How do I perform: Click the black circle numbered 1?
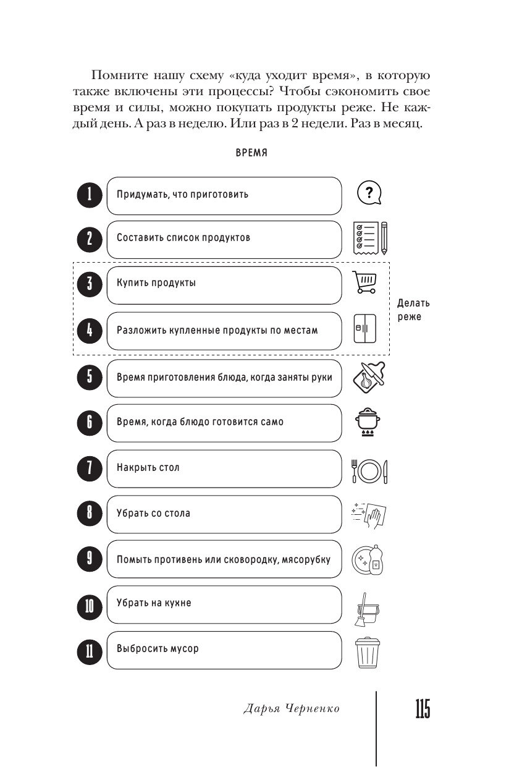point(89,195)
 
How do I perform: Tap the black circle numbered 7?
point(89,469)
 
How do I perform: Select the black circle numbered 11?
point(89,651)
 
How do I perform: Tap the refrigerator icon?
point(364,329)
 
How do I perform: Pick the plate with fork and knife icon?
point(369,472)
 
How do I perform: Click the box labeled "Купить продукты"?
point(224,285)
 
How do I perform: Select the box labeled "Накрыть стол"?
point(224,468)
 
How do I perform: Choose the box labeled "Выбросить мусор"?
point(224,650)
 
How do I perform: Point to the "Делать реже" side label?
point(413,310)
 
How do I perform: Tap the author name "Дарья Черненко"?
point(292,710)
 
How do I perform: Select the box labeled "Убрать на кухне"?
point(224,604)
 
